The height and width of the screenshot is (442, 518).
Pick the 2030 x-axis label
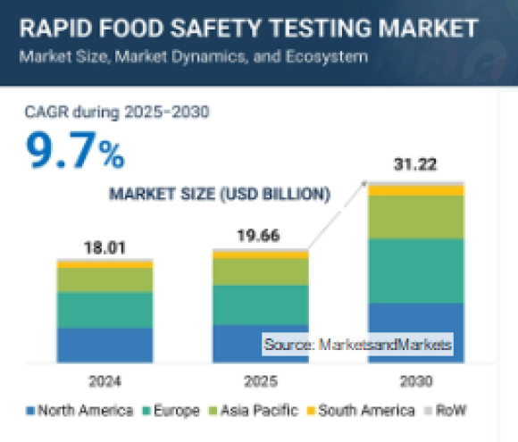pos(416,381)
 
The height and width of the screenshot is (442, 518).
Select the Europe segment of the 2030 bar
pos(416,271)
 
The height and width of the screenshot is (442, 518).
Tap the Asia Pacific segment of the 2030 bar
pos(416,217)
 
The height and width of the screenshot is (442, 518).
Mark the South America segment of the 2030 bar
pos(416,189)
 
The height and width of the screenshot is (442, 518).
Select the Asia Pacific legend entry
pos(242,411)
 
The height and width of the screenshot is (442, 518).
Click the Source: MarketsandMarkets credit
pos(357,344)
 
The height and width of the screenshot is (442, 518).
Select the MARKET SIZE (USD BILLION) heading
pos(219,193)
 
